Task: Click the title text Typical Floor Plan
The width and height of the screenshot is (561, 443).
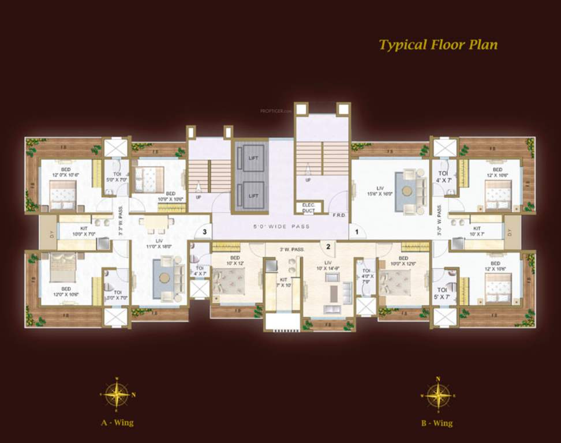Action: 437,45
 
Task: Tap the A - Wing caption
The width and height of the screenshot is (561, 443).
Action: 117,422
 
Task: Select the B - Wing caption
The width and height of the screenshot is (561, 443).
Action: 437,423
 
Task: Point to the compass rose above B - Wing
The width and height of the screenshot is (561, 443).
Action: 438,395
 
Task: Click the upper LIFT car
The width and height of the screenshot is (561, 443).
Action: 253,158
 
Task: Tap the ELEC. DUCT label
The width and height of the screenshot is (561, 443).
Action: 305,209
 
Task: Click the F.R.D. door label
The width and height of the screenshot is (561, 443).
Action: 339,215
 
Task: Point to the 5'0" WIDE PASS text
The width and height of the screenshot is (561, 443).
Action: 281,226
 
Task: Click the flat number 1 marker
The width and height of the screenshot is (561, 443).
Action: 357,231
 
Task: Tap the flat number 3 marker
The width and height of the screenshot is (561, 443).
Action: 204,232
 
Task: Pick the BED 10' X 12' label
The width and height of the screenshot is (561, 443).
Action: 235,260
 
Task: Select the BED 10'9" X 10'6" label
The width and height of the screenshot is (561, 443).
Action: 170,196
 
